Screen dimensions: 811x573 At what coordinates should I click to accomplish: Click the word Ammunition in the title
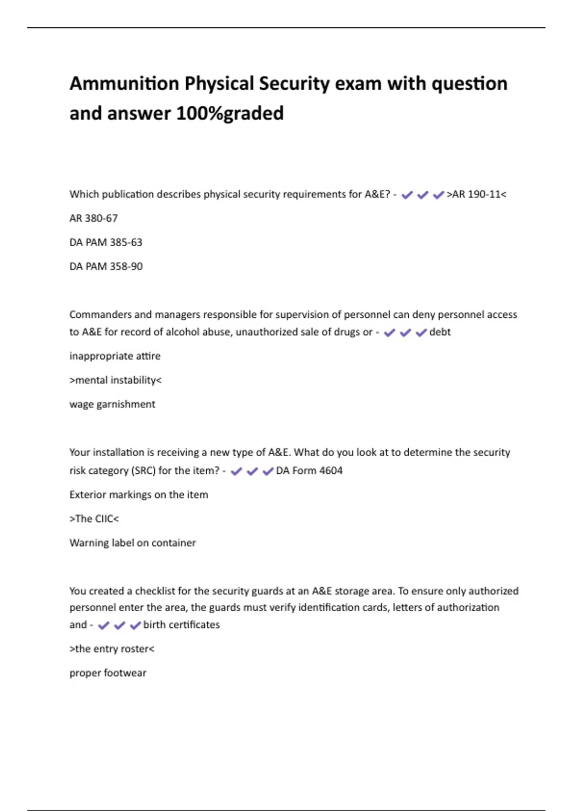click(124, 83)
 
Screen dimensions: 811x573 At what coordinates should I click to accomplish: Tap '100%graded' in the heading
click(230, 114)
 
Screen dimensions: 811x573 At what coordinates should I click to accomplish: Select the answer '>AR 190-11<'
click(476, 194)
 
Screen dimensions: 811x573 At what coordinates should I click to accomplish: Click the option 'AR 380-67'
click(94, 218)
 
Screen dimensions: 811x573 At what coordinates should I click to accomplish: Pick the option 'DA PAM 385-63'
click(106, 242)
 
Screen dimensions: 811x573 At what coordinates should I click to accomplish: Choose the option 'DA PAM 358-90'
click(106, 266)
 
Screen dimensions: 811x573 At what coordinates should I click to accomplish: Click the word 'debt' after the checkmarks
click(440, 332)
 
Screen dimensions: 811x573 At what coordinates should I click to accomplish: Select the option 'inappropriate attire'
click(115, 356)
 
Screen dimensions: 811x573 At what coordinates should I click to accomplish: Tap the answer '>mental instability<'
click(116, 380)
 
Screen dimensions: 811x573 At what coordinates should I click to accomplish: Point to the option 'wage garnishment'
click(112, 404)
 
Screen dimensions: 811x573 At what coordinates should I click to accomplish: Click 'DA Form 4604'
click(309, 471)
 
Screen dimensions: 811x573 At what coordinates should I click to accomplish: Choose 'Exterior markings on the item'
click(139, 495)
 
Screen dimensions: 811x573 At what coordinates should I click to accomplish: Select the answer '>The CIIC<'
click(94, 519)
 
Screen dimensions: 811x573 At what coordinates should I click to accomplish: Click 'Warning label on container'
click(133, 543)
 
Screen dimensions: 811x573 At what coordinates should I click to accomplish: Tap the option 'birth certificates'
click(181, 625)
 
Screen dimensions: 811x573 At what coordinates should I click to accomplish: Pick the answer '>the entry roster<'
click(112, 649)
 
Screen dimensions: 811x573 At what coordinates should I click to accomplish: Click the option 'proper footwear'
click(108, 673)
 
